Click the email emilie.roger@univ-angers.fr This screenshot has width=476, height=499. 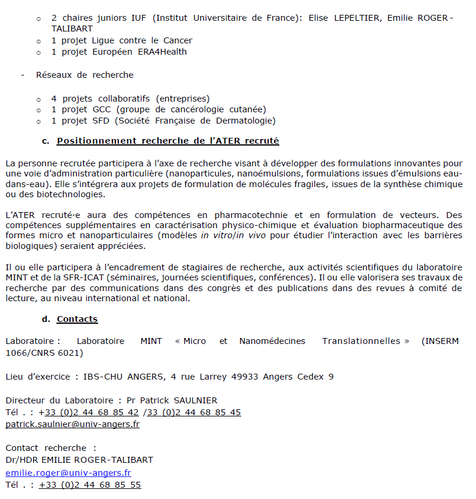(68, 473)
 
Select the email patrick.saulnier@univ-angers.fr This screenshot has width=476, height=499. (72, 425)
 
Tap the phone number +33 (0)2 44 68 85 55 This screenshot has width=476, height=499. (90, 485)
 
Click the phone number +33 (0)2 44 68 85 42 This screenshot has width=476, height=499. (89, 412)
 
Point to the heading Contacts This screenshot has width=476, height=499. (77, 319)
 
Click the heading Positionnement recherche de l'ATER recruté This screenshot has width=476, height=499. (168, 141)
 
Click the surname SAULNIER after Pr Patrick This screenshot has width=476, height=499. (196, 400)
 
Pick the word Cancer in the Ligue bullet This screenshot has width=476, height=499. (177, 40)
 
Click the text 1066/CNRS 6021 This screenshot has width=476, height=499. (45, 353)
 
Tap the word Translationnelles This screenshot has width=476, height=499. (361, 341)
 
